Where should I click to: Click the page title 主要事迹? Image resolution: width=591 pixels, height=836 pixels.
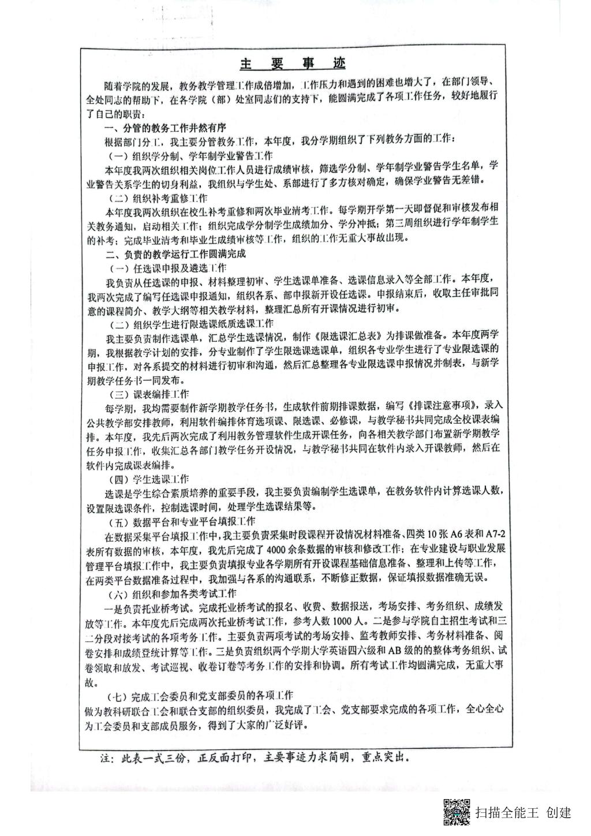tap(293, 63)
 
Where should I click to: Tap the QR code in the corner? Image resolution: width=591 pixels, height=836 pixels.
tap(457, 812)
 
